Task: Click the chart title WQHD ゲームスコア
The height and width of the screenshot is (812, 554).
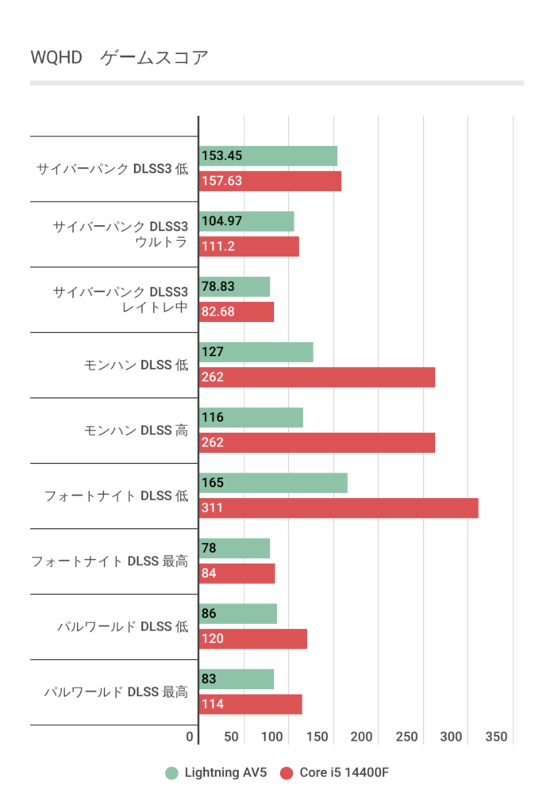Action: tap(119, 58)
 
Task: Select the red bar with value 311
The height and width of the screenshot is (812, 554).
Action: tap(339, 507)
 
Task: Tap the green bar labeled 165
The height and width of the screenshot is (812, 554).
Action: tap(273, 483)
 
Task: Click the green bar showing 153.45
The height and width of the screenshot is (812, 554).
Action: tap(268, 156)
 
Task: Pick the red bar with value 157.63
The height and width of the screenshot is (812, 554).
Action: tap(270, 181)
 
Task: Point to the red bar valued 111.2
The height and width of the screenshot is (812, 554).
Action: tap(249, 247)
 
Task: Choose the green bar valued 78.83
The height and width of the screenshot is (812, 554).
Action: tap(235, 287)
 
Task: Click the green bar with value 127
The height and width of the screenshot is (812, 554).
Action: tap(256, 352)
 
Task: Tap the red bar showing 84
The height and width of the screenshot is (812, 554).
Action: tap(237, 573)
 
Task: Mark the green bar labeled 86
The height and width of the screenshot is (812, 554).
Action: tap(238, 614)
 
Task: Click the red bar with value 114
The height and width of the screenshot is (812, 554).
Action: tap(251, 704)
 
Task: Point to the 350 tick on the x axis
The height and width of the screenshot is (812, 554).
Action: tap(496, 737)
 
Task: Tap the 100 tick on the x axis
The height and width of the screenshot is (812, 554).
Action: tap(273, 737)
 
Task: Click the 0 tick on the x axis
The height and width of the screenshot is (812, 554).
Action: tap(190, 737)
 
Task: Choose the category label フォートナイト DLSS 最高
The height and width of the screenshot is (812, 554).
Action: tap(110, 561)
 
